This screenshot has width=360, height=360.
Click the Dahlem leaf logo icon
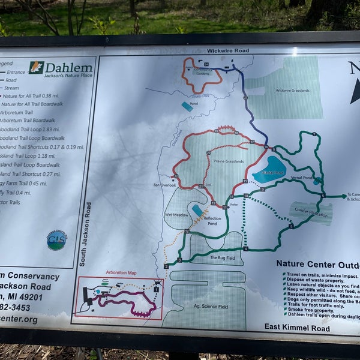coord(36,68)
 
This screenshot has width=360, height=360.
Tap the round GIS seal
coord(57,240)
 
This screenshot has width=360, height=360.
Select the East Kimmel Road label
coord(297,328)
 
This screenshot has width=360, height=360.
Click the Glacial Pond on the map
coord(271,170)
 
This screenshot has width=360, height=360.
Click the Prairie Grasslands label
coord(226,161)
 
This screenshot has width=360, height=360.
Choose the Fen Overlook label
coord(164,185)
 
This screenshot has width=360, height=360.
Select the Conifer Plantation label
coord(312,214)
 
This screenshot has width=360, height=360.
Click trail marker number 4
coord(245,248)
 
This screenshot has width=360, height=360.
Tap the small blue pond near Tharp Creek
coord(187,106)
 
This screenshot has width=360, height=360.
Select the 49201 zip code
coord(30,297)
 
